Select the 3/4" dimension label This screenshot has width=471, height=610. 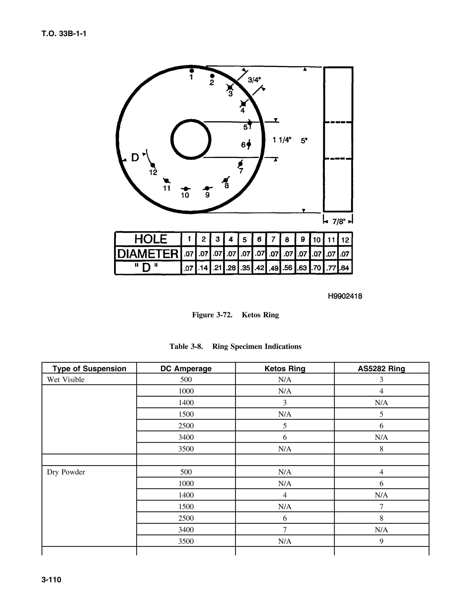[x=254, y=80]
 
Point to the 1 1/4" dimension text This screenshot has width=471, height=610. [x=282, y=140]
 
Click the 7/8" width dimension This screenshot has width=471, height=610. [x=339, y=222]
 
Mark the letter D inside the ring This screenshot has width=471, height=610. [x=135, y=158]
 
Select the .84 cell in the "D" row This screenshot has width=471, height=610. [x=345, y=268]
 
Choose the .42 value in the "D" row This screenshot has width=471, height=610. [x=259, y=268]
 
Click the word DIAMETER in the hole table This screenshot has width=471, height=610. [x=148, y=254]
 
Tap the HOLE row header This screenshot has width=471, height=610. [x=150, y=239]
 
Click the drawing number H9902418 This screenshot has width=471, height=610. [x=345, y=296]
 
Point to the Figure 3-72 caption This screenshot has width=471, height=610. [x=235, y=315]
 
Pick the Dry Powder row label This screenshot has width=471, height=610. [x=66, y=472]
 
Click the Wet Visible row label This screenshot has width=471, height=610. [x=66, y=380]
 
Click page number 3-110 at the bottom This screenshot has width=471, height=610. [x=51, y=580]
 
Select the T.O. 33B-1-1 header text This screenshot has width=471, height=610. [x=64, y=34]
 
